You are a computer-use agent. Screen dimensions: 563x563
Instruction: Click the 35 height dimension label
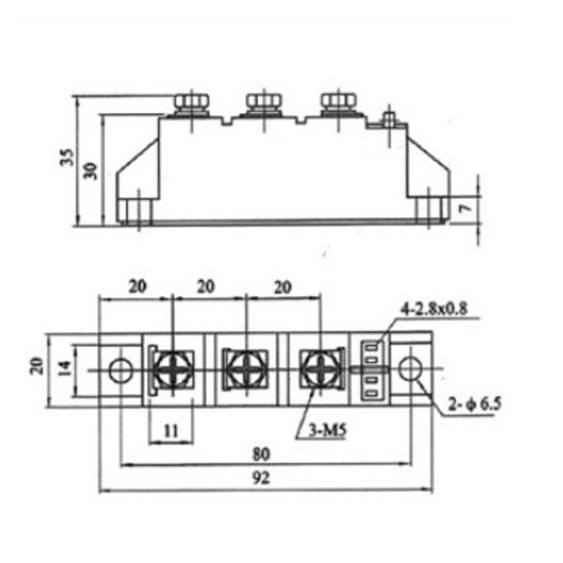click(x=67, y=158)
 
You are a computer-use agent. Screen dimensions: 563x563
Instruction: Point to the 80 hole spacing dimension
click(x=260, y=453)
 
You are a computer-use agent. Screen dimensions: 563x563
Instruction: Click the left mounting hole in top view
click(x=119, y=370)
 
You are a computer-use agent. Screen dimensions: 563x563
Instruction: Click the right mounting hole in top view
click(x=409, y=369)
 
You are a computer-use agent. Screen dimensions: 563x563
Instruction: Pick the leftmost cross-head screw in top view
click(x=172, y=370)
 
